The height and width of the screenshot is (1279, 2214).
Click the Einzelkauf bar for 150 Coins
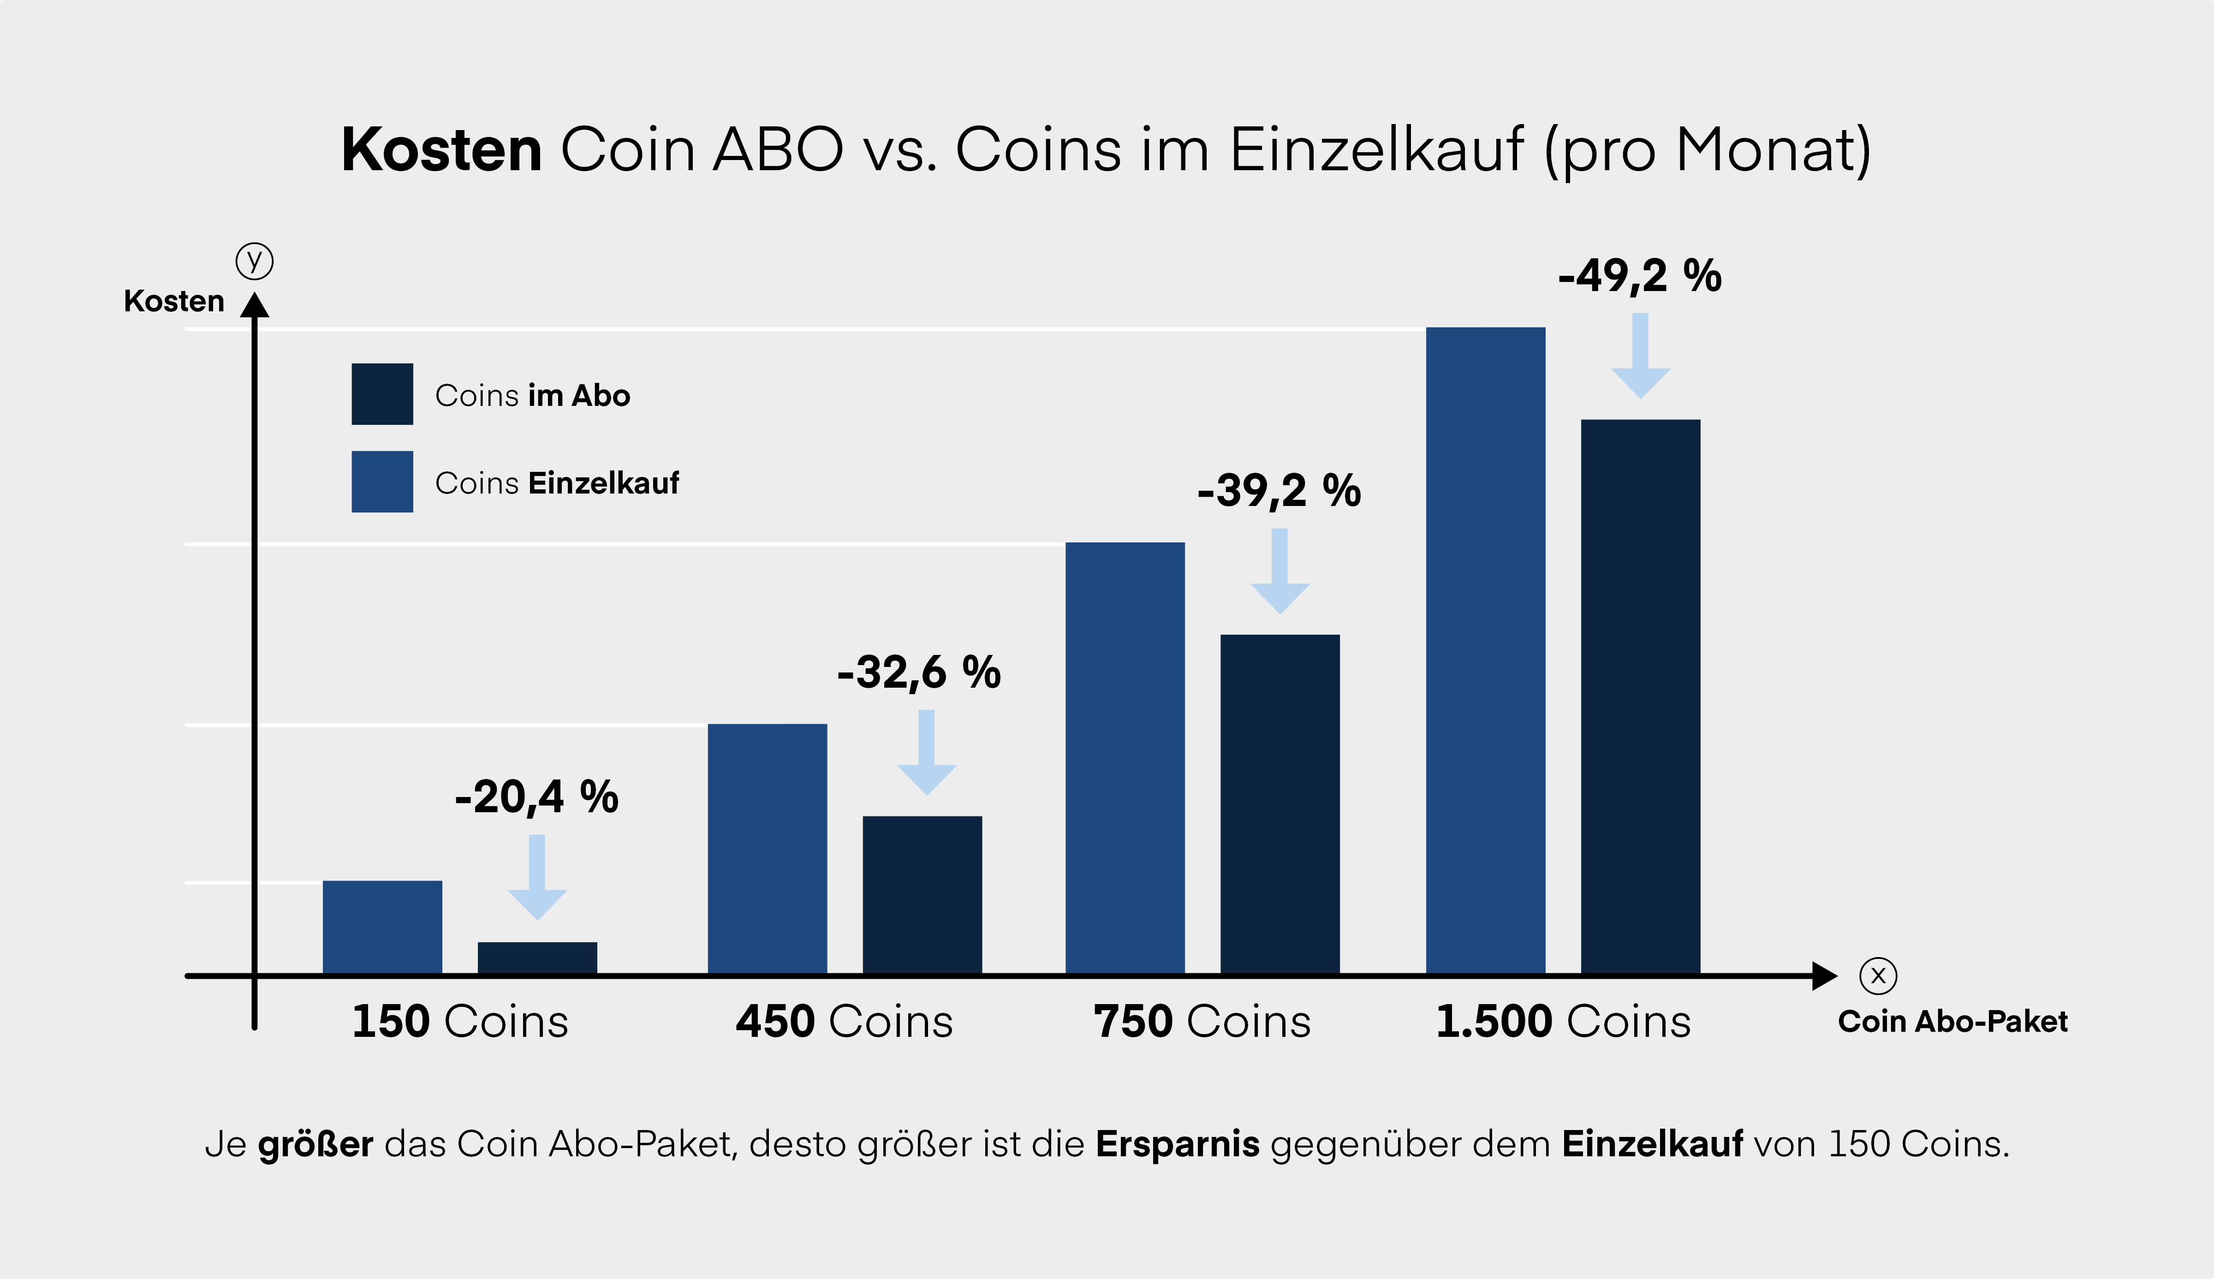pos(382,927)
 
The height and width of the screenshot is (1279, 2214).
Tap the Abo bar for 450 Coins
pos(922,894)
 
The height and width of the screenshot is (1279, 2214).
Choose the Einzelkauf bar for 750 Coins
pos(1125,757)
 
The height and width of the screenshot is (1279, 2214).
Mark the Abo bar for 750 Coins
pos(1280,804)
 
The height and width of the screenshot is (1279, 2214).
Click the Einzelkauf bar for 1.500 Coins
pos(1485,650)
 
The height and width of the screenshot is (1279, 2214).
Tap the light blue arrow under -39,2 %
pos(1280,571)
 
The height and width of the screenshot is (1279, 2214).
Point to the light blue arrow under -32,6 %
pos(927,753)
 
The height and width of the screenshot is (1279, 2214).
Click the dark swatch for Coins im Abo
pos(382,394)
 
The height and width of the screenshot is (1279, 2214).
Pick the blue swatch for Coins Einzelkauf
pos(382,482)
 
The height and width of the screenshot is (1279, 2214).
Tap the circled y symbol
pos(255,261)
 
